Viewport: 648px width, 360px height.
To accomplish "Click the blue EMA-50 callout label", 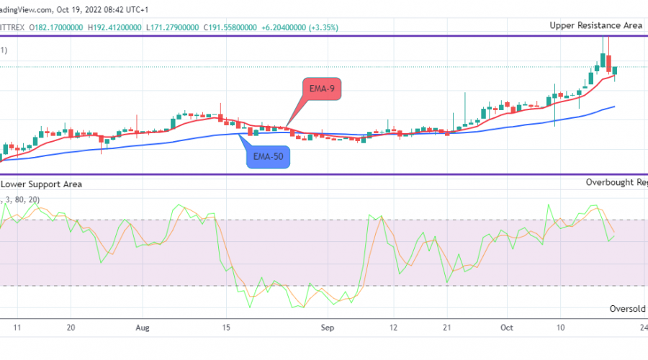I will point(269,157).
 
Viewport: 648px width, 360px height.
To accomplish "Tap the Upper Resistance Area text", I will point(595,25).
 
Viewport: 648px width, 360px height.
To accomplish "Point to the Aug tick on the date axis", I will point(143,327).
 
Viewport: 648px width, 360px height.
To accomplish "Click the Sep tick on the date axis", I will point(328,327).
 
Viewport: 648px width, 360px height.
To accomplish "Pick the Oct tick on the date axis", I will point(507,327).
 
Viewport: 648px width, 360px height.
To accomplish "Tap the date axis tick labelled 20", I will point(71,327).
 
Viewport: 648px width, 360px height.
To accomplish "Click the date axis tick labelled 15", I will point(226,327).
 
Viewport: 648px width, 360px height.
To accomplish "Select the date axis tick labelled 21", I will point(446,327).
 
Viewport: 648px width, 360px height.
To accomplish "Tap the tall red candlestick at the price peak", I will point(609,63).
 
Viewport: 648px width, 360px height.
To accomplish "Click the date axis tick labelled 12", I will point(393,327).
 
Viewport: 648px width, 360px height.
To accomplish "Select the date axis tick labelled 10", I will point(559,327).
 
